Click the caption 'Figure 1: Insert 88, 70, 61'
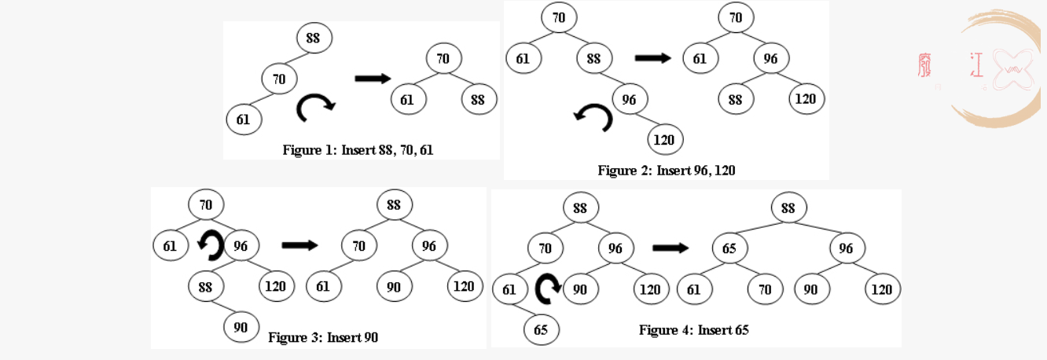tap(358, 150)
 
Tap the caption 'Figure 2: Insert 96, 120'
tap(666, 171)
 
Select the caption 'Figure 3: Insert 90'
tap(323, 337)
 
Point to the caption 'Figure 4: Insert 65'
tap(693, 330)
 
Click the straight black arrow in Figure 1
tap(373, 79)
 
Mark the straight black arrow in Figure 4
tap(670, 248)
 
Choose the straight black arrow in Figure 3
tap(299, 245)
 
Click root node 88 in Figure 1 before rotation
tap(314, 38)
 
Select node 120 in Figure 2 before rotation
tap(665, 139)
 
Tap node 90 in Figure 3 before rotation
tap(241, 327)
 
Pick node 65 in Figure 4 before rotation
tap(542, 330)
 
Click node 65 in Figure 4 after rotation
tap(730, 248)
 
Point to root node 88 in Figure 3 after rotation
tap(395, 205)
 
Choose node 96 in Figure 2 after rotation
tap(771, 58)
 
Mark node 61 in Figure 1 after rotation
tap(408, 100)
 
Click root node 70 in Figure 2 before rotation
tap(559, 17)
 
